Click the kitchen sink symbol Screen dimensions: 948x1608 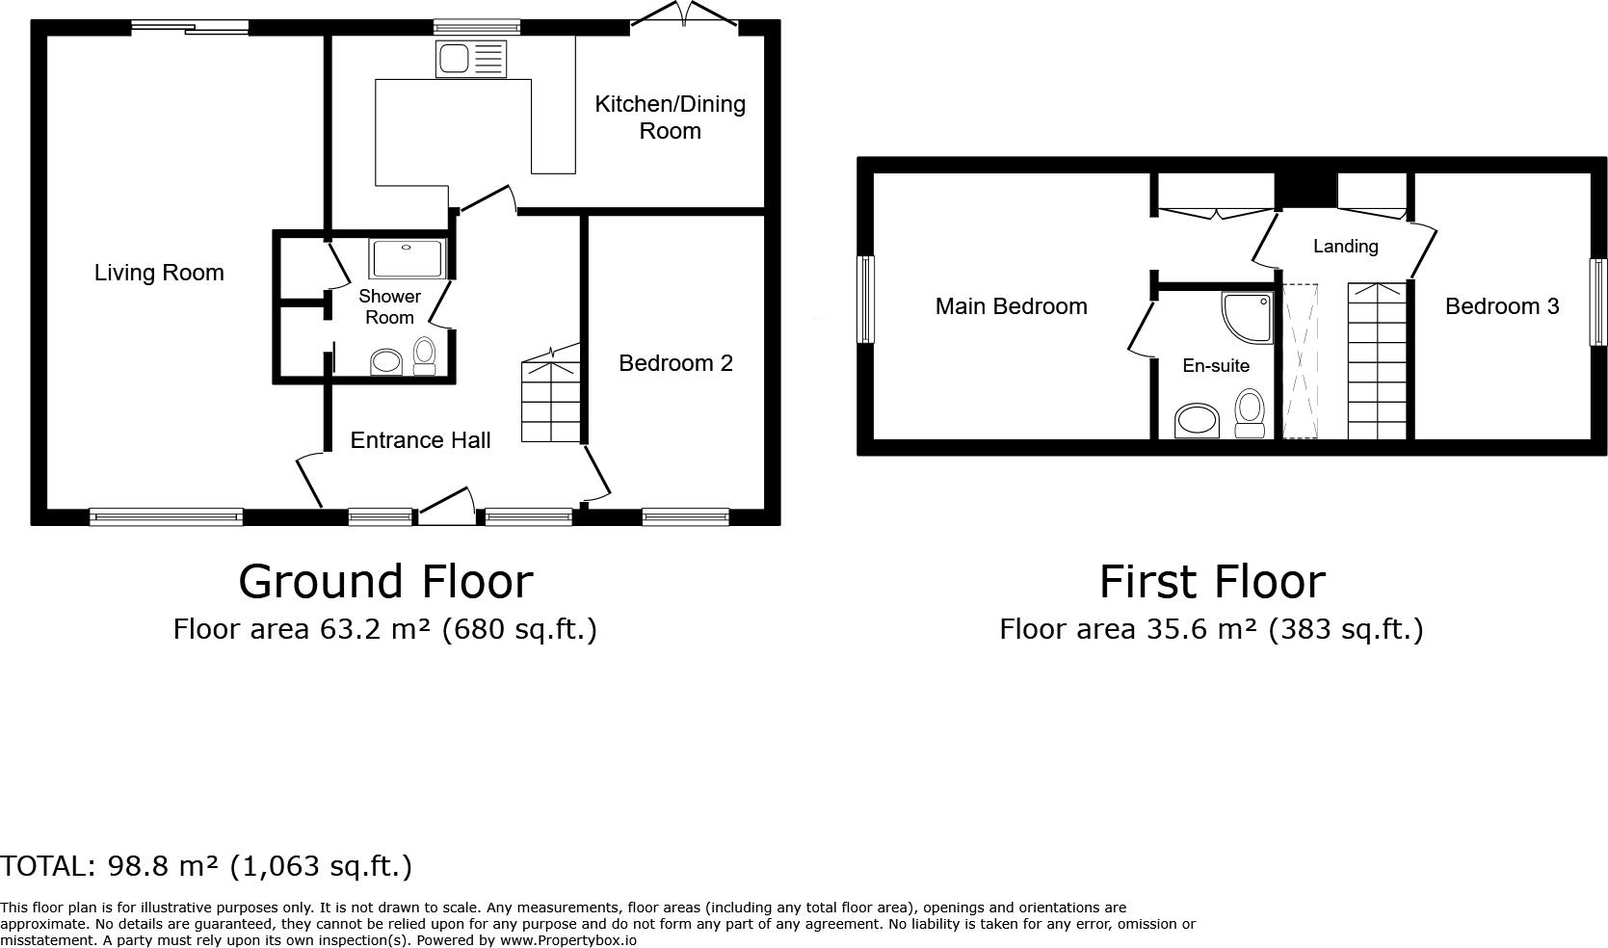pyautogui.click(x=470, y=60)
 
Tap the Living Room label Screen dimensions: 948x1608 pyautogui.click(x=159, y=273)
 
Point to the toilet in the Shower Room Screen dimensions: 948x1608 pyautogui.click(x=424, y=355)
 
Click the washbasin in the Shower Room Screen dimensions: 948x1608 pyautogui.click(x=386, y=362)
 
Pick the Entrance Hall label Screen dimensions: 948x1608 pyautogui.click(x=420, y=440)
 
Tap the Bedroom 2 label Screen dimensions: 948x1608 pyautogui.click(x=675, y=363)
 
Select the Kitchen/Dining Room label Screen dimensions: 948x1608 pyautogui.click(x=670, y=118)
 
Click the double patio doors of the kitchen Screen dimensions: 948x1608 pyautogui.click(x=685, y=15)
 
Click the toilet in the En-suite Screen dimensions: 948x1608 pyautogui.click(x=1250, y=412)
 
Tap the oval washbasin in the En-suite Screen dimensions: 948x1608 pyautogui.click(x=1198, y=421)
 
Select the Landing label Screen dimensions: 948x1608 pyautogui.click(x=1345, y=247)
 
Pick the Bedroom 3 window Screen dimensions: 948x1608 pyautogui.click(x=1597, y=302)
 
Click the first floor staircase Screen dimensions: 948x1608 pyautogui.click(x=1377, y=361)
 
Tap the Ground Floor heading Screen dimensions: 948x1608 pyautogui.click(x=385, y=582)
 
